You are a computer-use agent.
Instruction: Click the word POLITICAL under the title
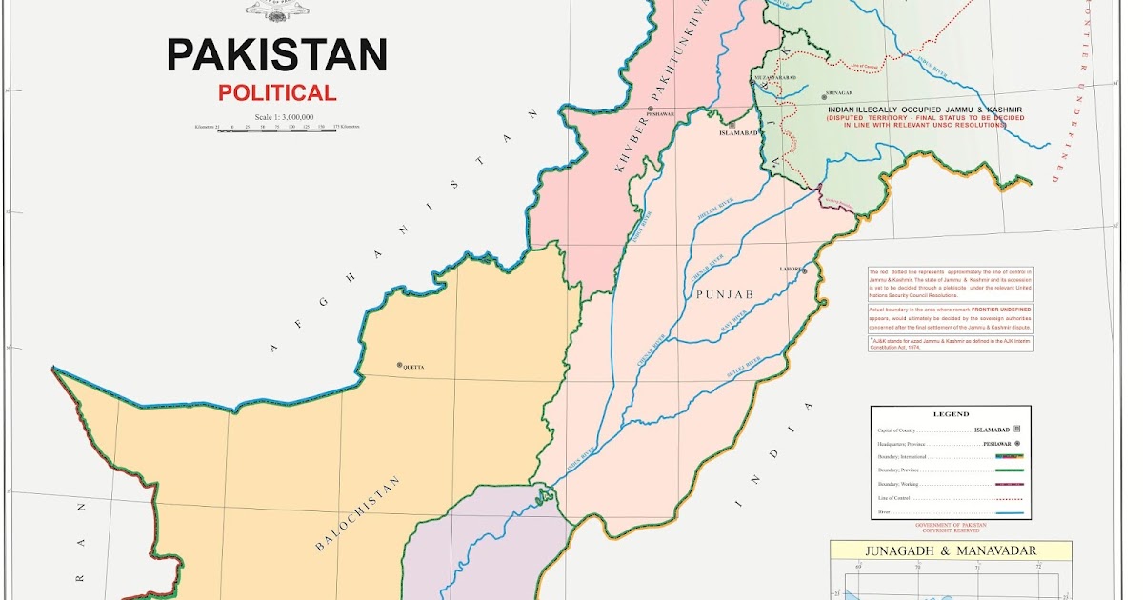click(x=276, y=93)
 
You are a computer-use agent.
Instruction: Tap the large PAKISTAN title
click(x=276, y=55)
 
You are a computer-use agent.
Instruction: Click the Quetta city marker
click(x=400, y=365)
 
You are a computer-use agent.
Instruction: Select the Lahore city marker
click(x=805, y=270)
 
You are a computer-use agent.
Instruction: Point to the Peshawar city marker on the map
click(x=650, y=110)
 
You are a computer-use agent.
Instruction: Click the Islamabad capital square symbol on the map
click(x=732, y=125)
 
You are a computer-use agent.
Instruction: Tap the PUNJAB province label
click(x=724, y=296)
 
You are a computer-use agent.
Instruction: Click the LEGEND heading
click(x=950, y=414)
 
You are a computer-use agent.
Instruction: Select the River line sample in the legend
click(x=1009, y=514)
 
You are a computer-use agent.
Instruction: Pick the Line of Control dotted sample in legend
click(x=1009, y=498)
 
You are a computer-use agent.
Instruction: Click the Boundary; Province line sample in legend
click(x=1009, y=470)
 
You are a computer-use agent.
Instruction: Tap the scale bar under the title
click(x=276, y=130)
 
